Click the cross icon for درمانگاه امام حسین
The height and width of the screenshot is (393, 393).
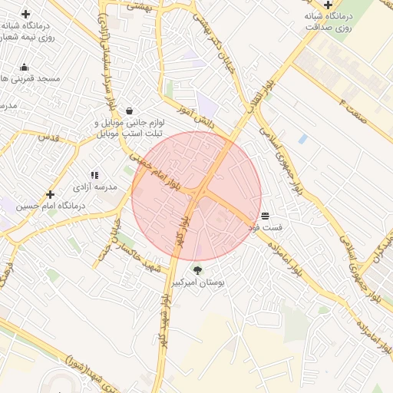51,194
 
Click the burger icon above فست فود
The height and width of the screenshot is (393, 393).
265,216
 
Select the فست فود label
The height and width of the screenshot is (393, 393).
266,228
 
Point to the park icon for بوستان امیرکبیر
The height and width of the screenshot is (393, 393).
198,270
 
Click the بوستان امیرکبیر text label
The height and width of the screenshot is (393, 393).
199,282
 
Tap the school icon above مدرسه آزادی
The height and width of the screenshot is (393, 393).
94,175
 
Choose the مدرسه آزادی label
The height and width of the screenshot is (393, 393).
94,187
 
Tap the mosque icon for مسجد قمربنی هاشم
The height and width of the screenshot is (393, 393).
25,67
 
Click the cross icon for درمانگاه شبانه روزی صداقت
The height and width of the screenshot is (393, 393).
328,5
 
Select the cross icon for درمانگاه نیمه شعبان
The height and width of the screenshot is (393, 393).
25,14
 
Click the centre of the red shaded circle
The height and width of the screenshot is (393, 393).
196,196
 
